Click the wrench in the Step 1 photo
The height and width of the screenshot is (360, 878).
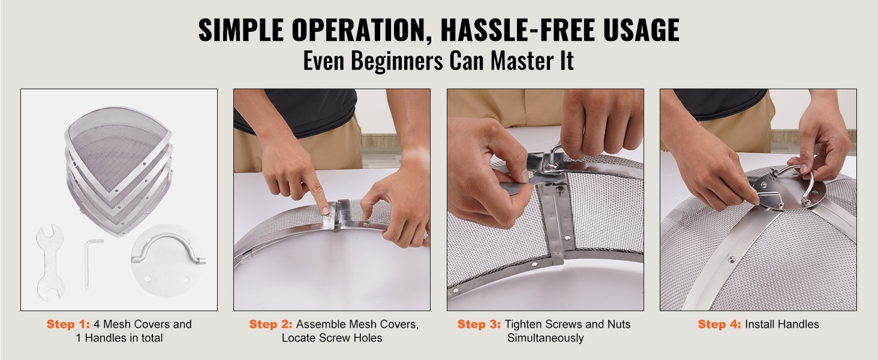click(50, 263)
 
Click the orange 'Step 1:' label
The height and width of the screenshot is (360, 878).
click(68, 325)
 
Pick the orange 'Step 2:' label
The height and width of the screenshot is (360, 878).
click(271, 325)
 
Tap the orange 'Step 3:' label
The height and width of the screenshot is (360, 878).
click(479, 325)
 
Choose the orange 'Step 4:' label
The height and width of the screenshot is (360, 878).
click(719, 325)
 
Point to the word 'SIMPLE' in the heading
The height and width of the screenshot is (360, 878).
click(240, 30)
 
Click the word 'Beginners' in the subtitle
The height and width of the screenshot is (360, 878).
click(396, 61)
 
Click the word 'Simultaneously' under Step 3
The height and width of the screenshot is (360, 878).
click(545, 338)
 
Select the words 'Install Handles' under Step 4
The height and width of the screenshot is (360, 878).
click(782, 325)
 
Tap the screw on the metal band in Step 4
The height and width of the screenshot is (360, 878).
click(732, 259)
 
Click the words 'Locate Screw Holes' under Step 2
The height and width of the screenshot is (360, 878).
click(332, 338)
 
